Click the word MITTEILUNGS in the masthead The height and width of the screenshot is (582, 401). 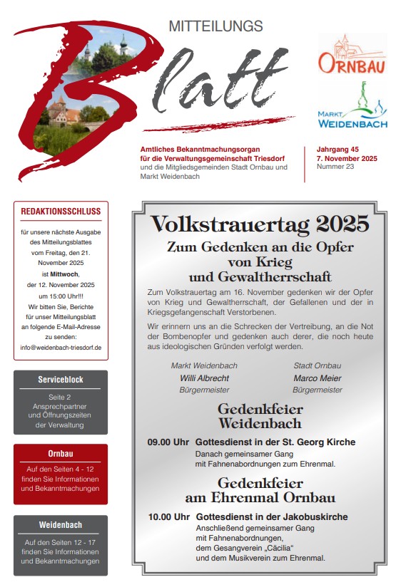point(215,26)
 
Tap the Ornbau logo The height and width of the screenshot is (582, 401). point(352,56)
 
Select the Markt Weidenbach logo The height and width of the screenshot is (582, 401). point(352,107)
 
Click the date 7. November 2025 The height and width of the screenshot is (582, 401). point(347,158)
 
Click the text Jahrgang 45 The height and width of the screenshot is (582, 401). point(337,150)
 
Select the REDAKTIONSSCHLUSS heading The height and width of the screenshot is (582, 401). point(61,212)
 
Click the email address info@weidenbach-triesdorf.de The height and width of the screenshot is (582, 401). point(61,348)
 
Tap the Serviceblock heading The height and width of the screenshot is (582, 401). point(61,380)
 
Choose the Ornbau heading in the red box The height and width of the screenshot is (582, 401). point(61,453)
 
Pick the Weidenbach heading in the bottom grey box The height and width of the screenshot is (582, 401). point(61,525)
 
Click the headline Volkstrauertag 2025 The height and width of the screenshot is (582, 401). point(260,224)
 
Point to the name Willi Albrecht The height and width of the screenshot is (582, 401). point(204,378)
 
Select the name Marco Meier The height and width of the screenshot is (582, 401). point(318,378)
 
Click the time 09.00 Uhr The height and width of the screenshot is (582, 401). point(168,442)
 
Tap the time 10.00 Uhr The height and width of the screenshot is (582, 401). point(168,516)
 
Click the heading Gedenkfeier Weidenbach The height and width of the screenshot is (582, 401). point(260,417)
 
